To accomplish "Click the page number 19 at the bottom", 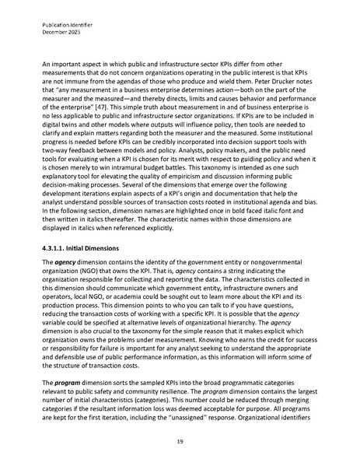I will pyautogui.click(x=180, y=440).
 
